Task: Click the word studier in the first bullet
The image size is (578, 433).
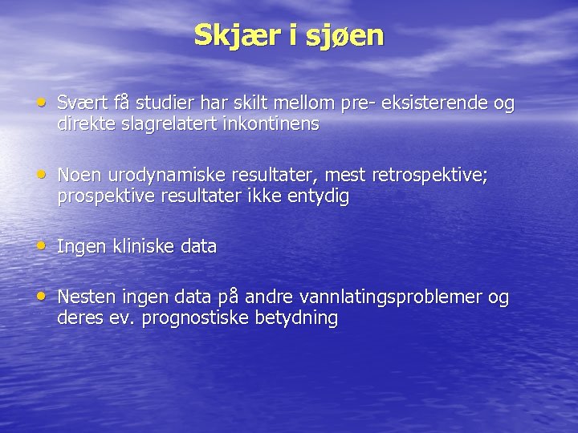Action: [x=167, y=103]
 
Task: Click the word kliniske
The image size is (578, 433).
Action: [x=143, y=247]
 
